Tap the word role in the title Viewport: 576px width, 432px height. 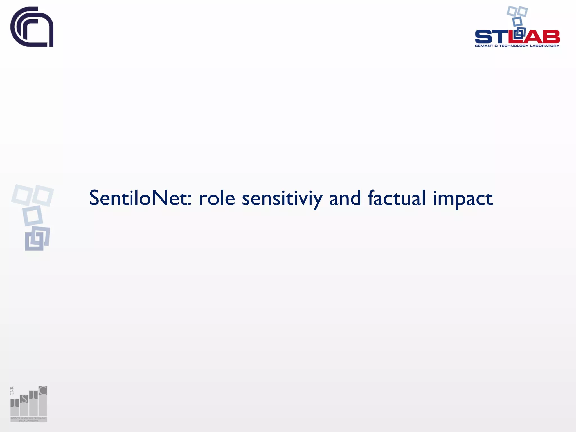coord(217,198)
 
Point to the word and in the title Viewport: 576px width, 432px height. coord(345,198)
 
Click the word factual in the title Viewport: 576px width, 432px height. coord(397,198)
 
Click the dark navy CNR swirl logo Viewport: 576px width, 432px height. coord(32,27)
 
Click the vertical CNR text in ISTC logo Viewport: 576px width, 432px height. coord(12,391)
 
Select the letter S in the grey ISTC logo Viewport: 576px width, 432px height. coord(24,399)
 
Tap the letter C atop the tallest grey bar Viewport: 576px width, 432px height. coord(43,391)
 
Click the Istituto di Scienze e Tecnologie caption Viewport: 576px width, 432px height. coord(29,419)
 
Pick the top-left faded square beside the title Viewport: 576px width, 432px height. coord(21,194)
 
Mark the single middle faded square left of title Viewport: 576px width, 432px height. coord(33,216)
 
